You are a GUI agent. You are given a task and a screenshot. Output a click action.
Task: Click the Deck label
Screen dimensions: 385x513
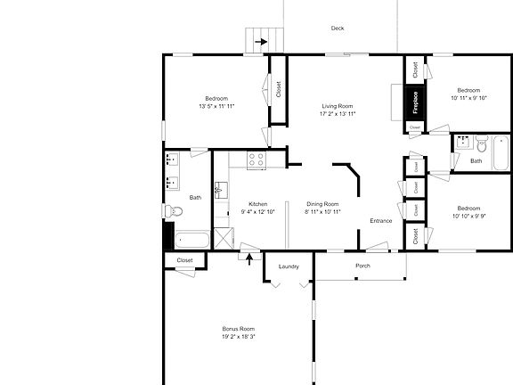click(338, 29)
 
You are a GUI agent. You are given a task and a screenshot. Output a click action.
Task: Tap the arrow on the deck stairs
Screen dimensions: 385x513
click(261, 40)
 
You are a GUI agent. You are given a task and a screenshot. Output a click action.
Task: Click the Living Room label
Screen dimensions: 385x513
click(338, 107)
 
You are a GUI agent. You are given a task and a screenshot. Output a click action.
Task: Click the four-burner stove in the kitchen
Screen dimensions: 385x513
click(256, 160)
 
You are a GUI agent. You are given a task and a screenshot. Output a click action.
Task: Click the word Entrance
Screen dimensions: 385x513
click(381, 221)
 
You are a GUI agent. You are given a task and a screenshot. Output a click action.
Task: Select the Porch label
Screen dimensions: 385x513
click(362, 266)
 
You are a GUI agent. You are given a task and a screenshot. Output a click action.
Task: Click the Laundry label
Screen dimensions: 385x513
click(288, 266)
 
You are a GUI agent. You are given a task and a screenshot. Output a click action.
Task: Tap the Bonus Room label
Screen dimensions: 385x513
click(239, 329)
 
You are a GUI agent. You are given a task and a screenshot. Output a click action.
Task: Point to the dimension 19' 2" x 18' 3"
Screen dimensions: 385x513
click(239, 337)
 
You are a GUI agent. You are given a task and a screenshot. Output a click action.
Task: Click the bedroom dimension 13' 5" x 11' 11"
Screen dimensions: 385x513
click(216, 106)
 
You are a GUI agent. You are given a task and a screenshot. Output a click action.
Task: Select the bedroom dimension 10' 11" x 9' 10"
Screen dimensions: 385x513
click(468, 99)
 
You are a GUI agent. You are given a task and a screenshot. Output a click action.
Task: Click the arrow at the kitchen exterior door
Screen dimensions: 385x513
click(249, 259)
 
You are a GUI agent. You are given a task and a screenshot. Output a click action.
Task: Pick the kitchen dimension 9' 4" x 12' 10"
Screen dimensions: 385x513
click(258, 212)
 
